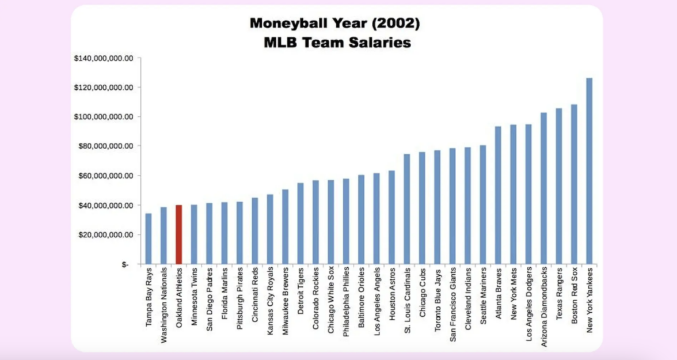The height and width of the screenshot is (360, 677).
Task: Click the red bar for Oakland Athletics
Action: coord(178,234)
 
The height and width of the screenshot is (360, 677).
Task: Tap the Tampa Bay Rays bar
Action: coord(148,238)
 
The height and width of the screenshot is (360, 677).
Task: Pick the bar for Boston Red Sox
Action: coord(574,184)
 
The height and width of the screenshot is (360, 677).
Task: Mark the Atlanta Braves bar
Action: coord(498,195)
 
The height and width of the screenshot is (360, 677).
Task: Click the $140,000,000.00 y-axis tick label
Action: coord(104,58)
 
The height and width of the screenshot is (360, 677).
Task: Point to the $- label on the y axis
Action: coord(125,264)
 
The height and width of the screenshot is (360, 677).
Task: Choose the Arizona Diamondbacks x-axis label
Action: coord(544,303)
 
